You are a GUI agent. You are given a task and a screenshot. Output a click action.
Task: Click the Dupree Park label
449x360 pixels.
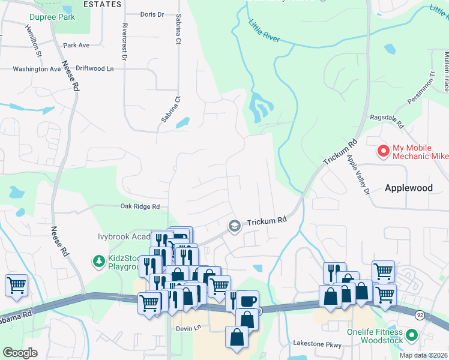(x=54, y=17)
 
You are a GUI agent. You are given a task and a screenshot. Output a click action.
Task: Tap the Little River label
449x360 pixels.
(x=264, y=31)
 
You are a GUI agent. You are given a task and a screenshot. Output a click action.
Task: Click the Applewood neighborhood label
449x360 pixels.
(x=408, y=188)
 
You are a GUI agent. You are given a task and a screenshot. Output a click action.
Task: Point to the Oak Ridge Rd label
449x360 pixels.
(x=140, y=206)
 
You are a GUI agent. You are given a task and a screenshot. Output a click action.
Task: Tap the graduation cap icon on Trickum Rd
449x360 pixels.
(x=234, y=226)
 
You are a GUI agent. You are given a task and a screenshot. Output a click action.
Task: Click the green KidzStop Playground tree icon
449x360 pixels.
(x=98, y=261)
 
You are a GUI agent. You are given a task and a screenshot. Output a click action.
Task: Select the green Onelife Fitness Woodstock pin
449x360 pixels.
(x=412, y=335)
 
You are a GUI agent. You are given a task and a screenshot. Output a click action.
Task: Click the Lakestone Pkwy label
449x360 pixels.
(x=317, y=344)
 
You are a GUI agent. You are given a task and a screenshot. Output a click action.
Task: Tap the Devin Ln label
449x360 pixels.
(x=187, y=329)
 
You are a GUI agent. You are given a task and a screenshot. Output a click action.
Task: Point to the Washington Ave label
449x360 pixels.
(x=37, y=69)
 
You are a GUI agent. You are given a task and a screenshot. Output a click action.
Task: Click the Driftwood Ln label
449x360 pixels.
(x=94, y=69)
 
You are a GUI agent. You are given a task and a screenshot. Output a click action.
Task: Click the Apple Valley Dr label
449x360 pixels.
(x=357, y=174)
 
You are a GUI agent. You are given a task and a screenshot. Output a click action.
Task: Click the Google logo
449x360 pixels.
(x=20, y=353)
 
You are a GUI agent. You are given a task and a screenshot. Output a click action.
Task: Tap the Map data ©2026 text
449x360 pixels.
(x=424, y=355)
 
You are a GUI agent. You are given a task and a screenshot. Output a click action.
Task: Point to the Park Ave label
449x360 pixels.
(x=76, y=45)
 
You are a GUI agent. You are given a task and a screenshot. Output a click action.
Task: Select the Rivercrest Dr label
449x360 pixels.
(x=124, y=42)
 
